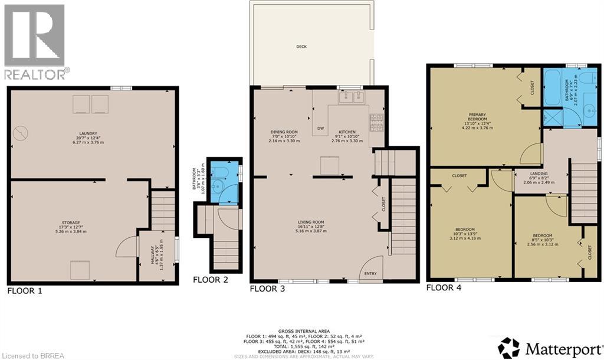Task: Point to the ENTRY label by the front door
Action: coord(370,273)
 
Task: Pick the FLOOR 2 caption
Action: coord(211,280)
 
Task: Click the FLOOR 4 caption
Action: coord(444,288)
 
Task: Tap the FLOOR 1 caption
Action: coord(24,291)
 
